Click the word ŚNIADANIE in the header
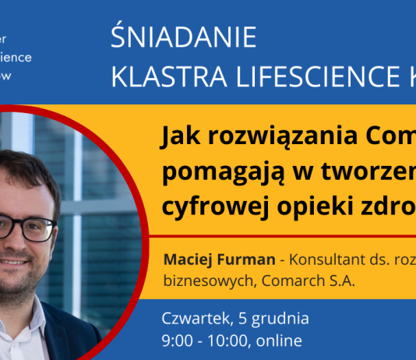point(184,38)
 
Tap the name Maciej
point(185,259)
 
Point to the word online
point(278,341)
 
